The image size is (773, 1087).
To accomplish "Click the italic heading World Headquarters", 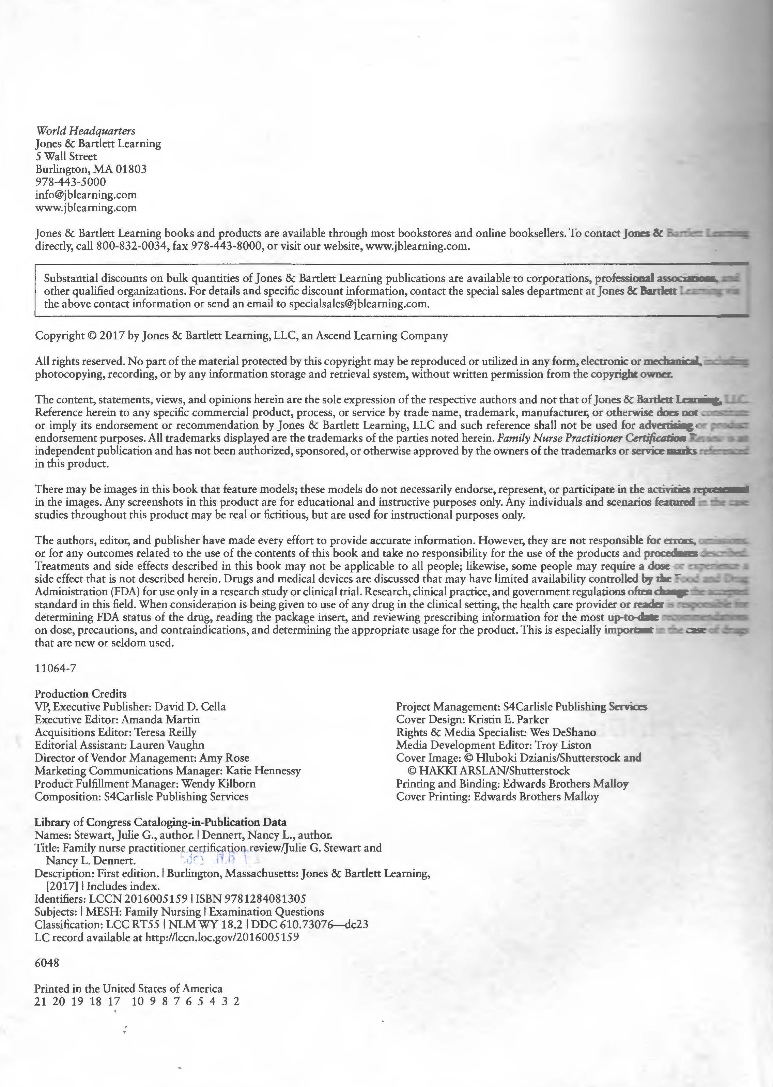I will (85, 131).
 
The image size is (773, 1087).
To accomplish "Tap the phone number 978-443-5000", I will (71, 182).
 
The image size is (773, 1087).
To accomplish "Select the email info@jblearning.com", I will (86, 195).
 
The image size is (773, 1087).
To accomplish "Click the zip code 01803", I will (131, 169).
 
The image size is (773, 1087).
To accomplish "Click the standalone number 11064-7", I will (55, 668).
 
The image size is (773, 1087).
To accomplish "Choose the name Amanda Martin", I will (160, 719).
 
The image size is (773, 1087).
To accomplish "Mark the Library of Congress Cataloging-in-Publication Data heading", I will (160, 822).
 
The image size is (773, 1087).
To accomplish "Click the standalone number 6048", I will (47, 963).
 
